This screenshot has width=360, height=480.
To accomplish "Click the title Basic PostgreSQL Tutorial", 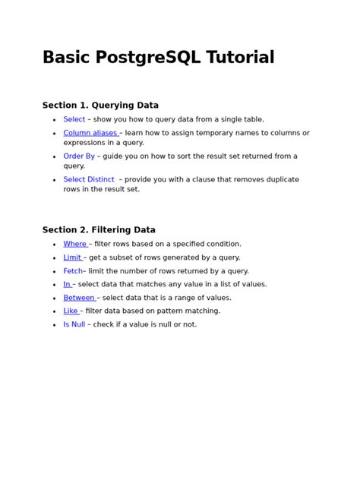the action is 158,58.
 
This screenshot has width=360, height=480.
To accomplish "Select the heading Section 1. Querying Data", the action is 100,106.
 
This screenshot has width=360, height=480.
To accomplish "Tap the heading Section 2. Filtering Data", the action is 99,230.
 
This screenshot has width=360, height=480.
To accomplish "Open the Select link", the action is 74,119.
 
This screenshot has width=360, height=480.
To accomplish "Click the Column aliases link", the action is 90,133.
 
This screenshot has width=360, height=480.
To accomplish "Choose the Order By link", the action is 79,156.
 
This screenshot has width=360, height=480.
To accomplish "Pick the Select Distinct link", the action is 89,180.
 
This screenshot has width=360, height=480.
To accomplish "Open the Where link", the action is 74,244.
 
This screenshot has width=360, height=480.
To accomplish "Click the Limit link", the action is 72,257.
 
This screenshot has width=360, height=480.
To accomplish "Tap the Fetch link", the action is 73,271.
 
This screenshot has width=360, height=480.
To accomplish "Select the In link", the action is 67,284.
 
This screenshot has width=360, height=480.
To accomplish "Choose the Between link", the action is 79,298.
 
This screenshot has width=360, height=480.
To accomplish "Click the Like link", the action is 71,311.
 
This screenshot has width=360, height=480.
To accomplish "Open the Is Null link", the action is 74,324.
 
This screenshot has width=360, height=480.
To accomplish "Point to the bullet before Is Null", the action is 54,325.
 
